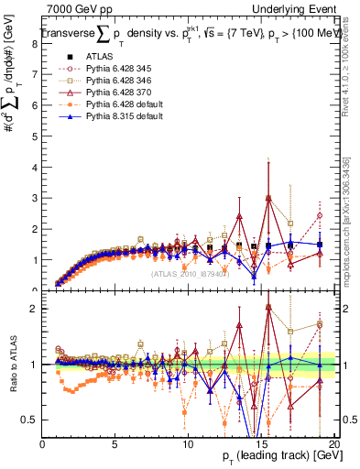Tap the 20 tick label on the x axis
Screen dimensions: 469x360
tap(335, 445)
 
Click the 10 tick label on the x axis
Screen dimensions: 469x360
tap(189, 445)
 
